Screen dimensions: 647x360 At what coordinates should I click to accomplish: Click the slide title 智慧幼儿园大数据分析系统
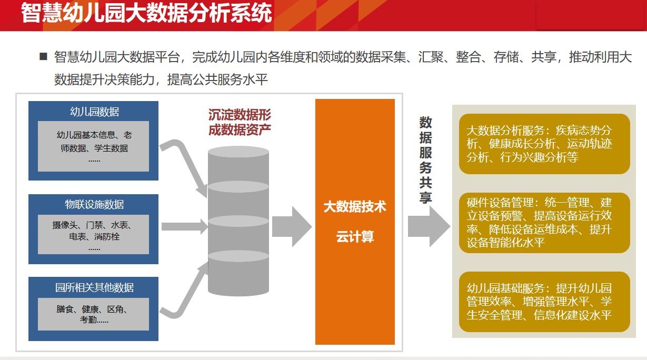(x=146, y=13)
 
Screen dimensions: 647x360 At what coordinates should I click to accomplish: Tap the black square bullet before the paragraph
(x=43, y=56)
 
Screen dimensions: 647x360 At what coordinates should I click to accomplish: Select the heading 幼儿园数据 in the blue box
(x=94, y=112)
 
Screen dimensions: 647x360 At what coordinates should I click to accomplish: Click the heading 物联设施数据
(x=94, y=204)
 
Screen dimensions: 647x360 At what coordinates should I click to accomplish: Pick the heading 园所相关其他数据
(x=94, y=287)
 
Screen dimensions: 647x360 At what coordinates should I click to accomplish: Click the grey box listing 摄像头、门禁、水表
(x=93, y=234)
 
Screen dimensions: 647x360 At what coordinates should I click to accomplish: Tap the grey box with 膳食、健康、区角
(x=93, y=314)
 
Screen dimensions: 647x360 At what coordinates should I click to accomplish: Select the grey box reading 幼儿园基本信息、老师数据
(x=93, y=146)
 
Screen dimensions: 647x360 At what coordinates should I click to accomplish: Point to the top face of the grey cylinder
(x=238, y=152)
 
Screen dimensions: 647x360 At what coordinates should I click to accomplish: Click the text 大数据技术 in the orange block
(x=355, y=207)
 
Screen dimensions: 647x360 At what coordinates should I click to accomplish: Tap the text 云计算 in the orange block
(x=355, y=237)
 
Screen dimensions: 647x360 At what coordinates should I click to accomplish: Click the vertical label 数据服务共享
(x=425, y=160)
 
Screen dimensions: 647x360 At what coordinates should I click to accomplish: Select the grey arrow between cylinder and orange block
(x=292, y=227)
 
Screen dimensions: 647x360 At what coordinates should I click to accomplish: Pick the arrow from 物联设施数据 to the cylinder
(x=185, y=226)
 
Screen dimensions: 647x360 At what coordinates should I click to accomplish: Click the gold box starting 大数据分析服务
(x=544, y=144)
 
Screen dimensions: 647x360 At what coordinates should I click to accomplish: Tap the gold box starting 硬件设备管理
(x=544, y=223)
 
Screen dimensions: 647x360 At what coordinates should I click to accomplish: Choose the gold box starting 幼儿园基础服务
(x=544, y=302)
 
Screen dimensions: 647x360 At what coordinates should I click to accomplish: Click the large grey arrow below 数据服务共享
(x=429, y=227)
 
